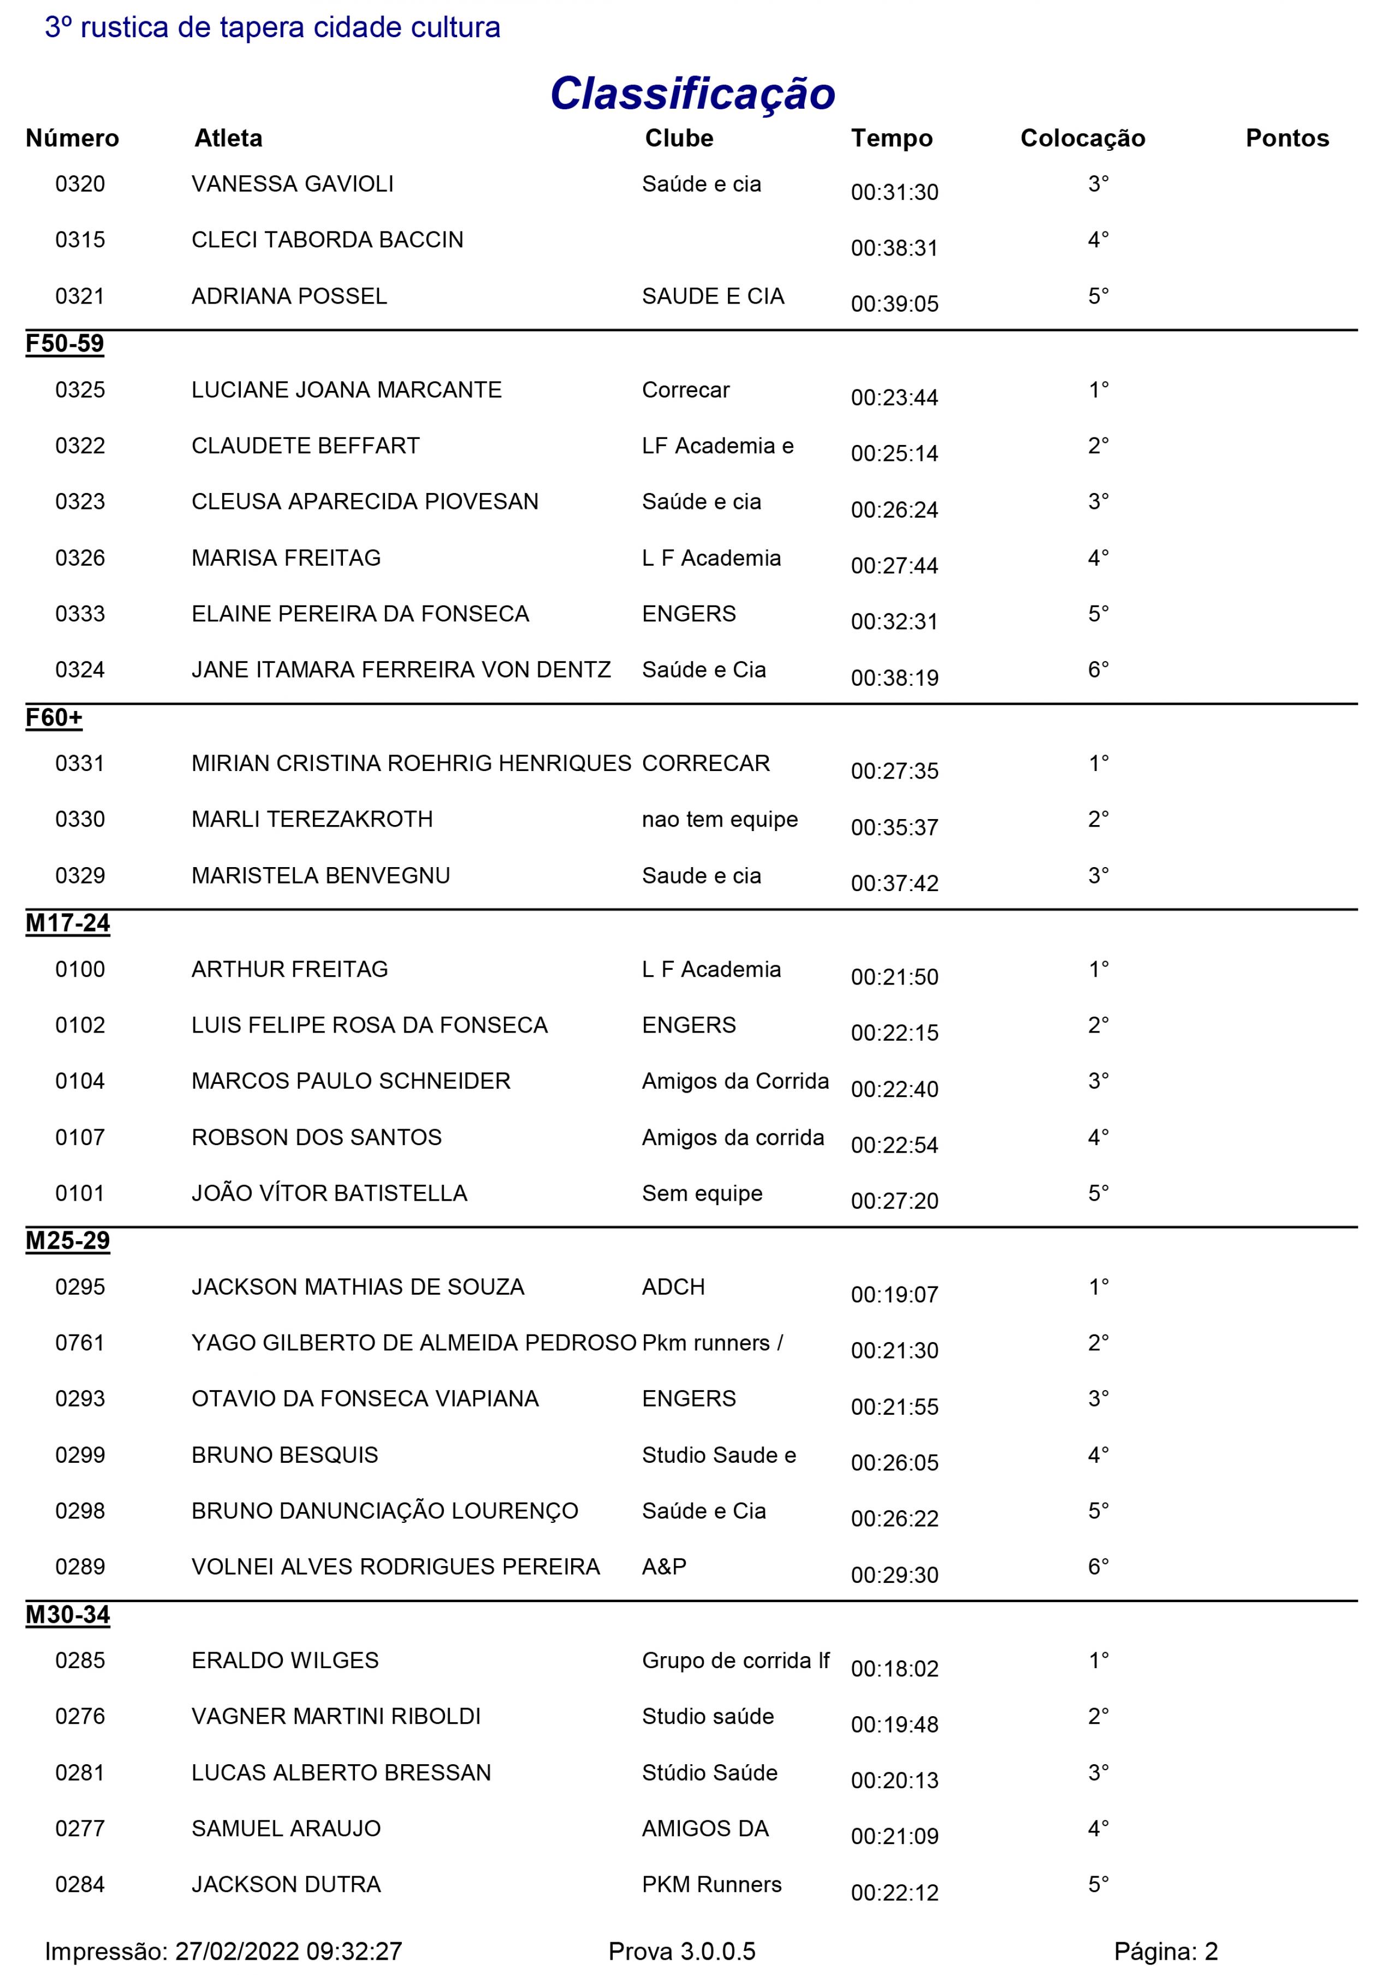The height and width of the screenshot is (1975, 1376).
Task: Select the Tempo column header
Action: coord(891,139)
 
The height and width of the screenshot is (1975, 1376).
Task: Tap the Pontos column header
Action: coord(1286,139)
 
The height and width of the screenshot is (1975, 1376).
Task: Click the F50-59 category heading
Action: coord(64,344)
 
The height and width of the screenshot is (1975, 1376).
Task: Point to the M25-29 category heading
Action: coord(67,1241)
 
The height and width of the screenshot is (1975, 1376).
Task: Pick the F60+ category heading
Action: coord(54,717)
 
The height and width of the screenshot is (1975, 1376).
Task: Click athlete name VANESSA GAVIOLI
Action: coord(293,184)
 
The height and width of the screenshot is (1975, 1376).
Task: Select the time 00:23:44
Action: coord(894,398)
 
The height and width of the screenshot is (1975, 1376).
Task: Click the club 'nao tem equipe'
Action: coord(719,820)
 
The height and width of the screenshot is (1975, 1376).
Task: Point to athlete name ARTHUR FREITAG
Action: coord(290,969)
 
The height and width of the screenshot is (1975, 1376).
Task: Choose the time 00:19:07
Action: coord(894,1295)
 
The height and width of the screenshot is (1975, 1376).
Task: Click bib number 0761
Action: coord(79,1343)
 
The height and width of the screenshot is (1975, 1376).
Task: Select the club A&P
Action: coord(664,1567)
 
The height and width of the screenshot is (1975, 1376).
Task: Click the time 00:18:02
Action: coord(894,1669)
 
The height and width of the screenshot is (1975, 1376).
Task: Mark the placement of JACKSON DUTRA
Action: coord(1098,1884)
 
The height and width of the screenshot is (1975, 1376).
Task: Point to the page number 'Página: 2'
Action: coord(1165,1951)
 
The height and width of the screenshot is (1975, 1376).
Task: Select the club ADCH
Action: coord(673,1287)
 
